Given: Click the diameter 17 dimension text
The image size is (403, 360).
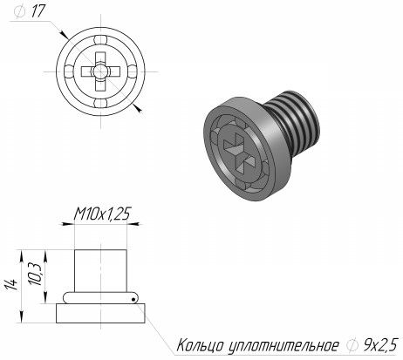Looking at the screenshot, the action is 30,11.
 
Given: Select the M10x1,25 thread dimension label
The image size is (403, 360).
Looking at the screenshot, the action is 102,214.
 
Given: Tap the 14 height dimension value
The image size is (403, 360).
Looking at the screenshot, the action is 10,286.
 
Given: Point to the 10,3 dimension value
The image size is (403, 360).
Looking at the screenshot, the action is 36,274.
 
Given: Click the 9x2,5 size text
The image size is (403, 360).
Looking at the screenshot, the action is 380,345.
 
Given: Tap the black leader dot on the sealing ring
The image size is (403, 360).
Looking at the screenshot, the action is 133,299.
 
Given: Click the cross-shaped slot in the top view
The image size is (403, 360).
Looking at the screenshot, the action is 100,71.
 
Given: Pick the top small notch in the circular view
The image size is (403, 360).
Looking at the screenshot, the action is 100,40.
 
